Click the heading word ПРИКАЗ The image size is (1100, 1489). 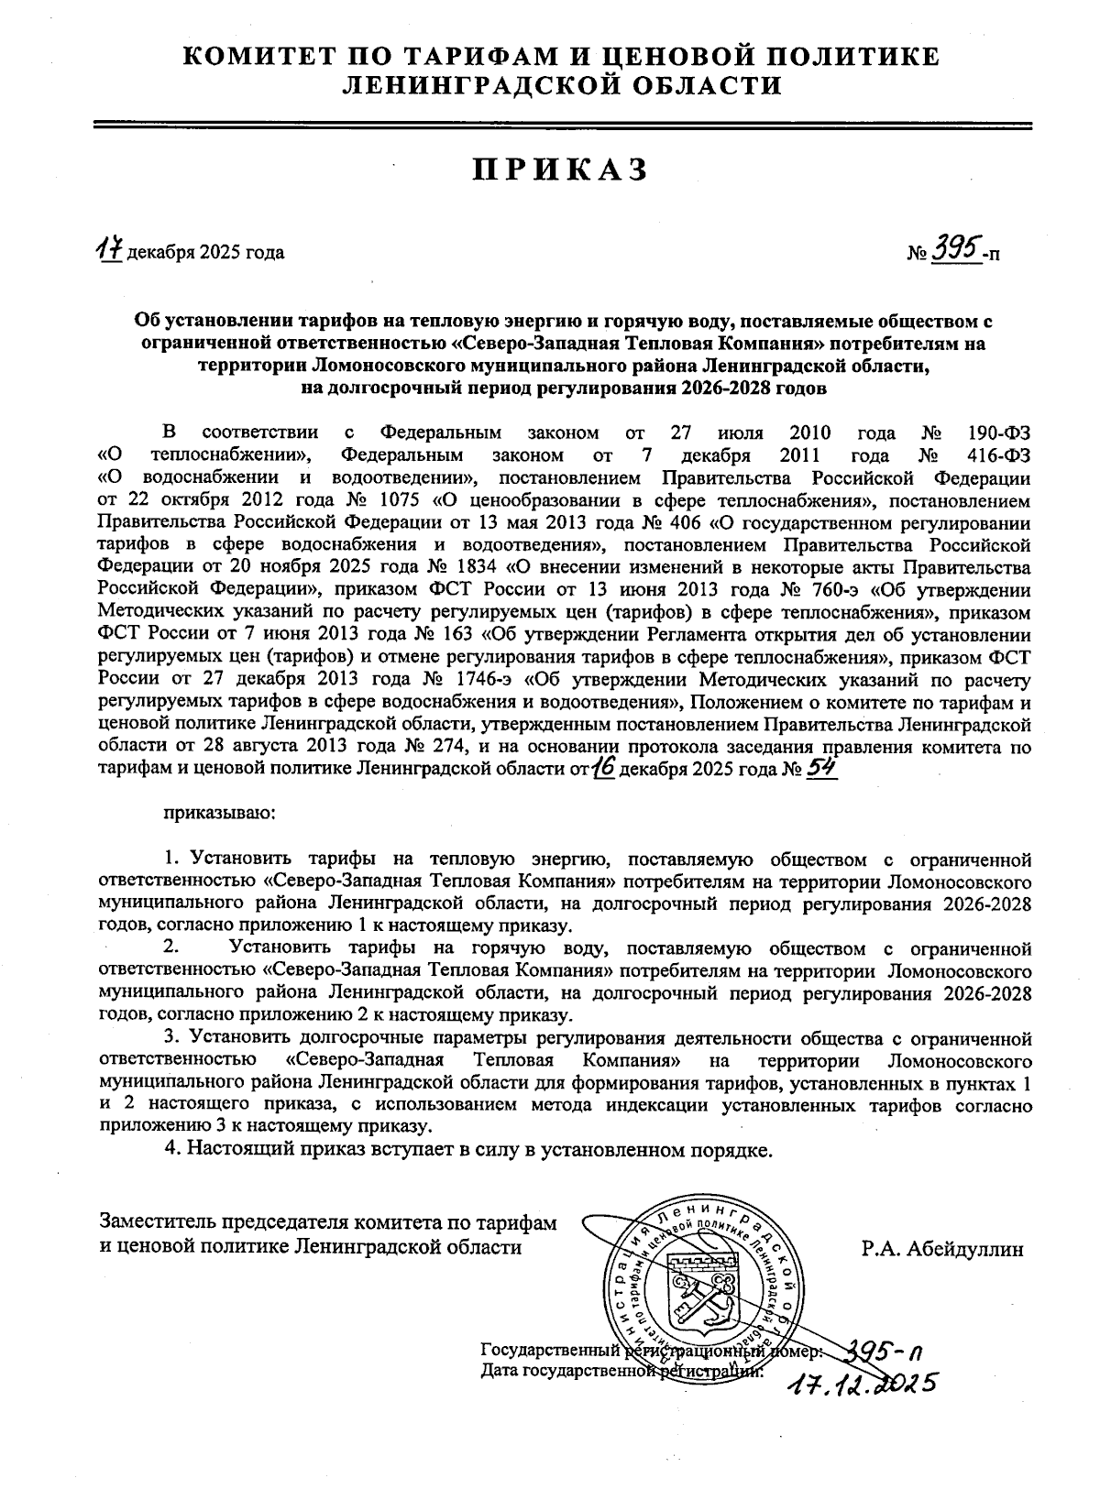point(560,170)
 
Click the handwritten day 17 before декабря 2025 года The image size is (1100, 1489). point(109,247)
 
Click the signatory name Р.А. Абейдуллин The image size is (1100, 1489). point(941,1248)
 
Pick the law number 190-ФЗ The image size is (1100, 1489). point(999,432)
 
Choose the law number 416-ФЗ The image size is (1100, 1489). point(999,455)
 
